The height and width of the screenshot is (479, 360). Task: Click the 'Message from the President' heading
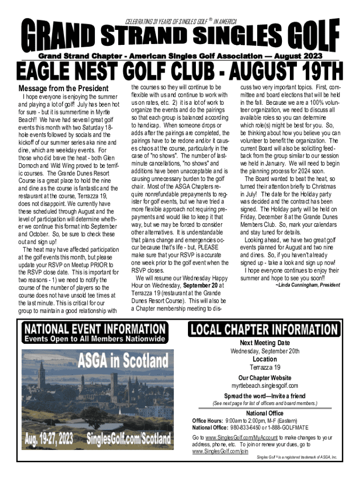(63, 89)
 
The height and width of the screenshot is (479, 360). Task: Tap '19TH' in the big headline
(312, 73)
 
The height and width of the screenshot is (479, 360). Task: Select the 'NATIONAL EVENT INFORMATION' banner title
(95, 328)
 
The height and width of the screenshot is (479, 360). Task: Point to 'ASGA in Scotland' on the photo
(123, 360)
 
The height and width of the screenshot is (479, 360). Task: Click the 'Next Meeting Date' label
(265, 343)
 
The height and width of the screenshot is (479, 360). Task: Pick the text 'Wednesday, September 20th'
(265, 351)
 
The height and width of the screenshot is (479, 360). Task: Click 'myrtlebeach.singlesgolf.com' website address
(265, 385)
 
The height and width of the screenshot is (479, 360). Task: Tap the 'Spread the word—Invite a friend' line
(265, 396)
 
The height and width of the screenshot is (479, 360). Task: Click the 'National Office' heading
(265, 413)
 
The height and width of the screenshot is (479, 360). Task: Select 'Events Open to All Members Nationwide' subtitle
(95, 338)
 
